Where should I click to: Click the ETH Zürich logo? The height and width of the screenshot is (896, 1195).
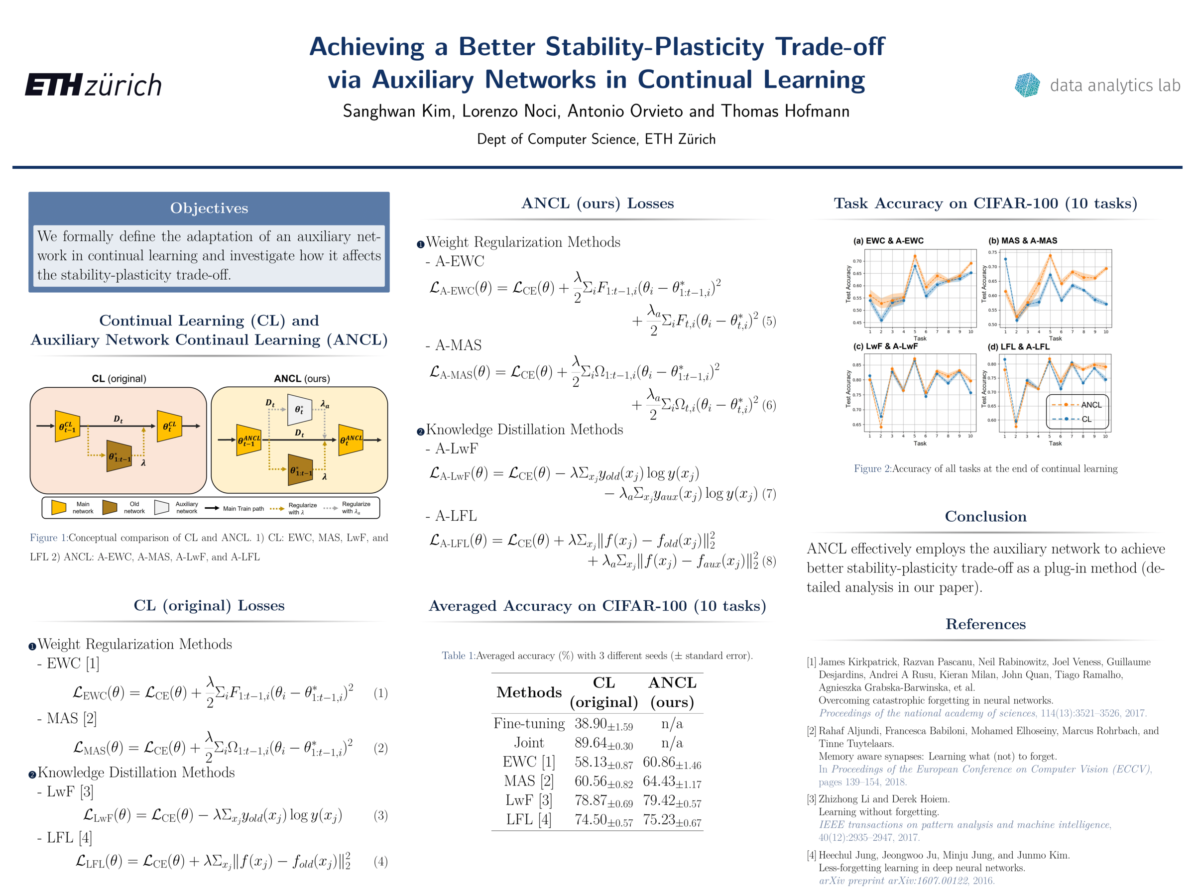[94, 85]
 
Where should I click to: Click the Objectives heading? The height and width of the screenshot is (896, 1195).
[209, 208]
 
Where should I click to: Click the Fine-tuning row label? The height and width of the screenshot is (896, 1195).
[529, 724]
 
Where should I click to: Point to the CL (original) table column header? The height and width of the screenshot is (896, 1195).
[604, 692]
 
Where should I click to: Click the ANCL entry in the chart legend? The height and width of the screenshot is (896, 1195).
[1090, 405]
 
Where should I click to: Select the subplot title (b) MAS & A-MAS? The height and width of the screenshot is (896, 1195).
[1023, 241]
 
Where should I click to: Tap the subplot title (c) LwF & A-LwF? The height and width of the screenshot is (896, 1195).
[885, 346]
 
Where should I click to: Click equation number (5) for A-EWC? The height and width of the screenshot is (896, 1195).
[769, 322]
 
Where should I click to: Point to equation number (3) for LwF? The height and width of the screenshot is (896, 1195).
[380, 815]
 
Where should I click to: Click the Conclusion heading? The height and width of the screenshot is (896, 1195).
[985, 516]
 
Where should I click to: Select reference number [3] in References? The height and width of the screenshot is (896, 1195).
[812, 799]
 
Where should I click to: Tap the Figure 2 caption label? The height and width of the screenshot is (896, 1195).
[872, 469]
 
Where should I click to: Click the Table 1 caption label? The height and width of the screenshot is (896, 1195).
[458, 656]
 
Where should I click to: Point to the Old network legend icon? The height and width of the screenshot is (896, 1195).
[110, 507]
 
